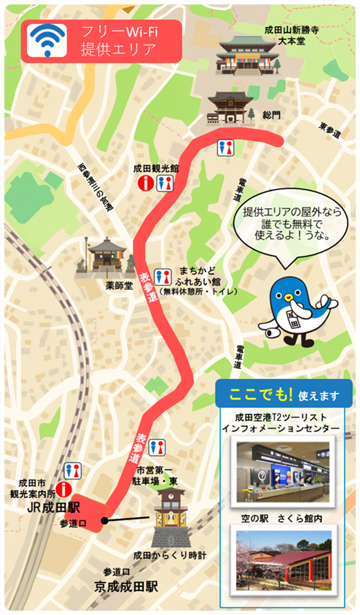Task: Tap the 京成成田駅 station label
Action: pyautogui.click(x=125, y=584)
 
